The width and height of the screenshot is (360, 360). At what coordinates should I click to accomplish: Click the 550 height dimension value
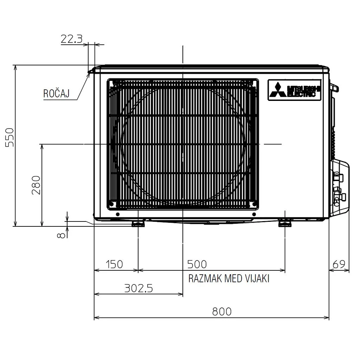[x=9, y=137]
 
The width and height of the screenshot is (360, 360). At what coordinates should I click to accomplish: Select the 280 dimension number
[x=36, y=185]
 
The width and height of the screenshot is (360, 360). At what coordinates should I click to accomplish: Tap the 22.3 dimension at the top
[x=71, y=39]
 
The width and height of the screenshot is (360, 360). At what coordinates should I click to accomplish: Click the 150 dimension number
[x=114, y=264]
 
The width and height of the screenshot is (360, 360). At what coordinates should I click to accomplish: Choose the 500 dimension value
[x=197, y=264]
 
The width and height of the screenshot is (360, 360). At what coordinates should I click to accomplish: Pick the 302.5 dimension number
[x=139, y=288]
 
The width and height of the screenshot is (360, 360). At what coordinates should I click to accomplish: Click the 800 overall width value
[x=222, y=311]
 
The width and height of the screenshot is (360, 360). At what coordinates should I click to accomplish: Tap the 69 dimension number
[x=339, y=264]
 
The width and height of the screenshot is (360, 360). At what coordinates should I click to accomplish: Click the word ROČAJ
[x=56, y=94]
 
